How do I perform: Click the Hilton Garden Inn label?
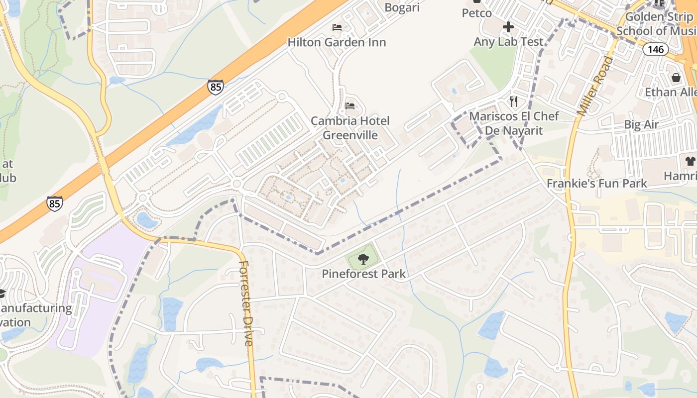pyautogui.click(x=337, y=42)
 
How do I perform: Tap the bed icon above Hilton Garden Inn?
pyautogui.click(x=337, y=27)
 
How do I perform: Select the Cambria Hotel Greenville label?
pyautogui.click(x=350, y=128)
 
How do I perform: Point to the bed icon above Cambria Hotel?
pyautogui.click(x=350, y=106)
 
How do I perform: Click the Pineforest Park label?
pyautogui.click(x=363, y=274)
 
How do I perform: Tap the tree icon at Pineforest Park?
pyautogui.click(x=363, y=258)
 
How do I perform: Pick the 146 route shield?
pyautogui.click(x=655, y=49)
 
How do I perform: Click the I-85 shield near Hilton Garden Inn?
pyautogui.click(x=216, y=87)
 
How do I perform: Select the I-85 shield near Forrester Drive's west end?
pyautogui.click(x=55, y=203)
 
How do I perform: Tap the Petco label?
pyautogui.click(x=476, y=13)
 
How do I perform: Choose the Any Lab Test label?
pyautogui.click(x=508, y=42)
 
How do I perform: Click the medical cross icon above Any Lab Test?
pyautogui.click(x=508, y=26)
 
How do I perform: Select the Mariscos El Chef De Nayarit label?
pyautogui.click(x=514, y=123)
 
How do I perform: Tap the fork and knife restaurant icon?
pyautogui.click(x=514, y=101)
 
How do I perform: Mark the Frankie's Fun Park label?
pyautogui.click(x=596, y=183)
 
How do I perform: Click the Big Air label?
pyautogui.click(x=641, y=124)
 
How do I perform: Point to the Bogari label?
pyautogui.click(x=402, y=7)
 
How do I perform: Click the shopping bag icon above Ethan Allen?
pyautogui.click(x=676, y=78)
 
